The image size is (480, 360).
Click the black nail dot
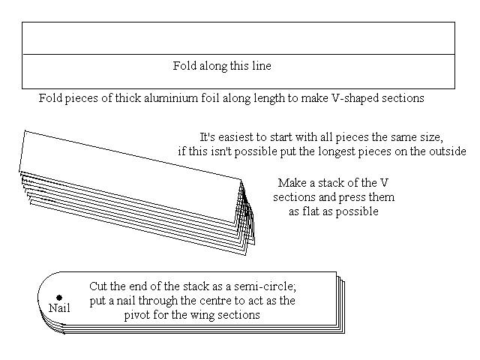pos(59,298)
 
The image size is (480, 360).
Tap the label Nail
pos(59,308)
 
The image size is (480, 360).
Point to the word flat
pos(309,211)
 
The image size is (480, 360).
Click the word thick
pos(128,98)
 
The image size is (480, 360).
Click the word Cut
pos(98,286)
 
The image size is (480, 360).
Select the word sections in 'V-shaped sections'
pos(403,98)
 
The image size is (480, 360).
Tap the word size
pos(432,137)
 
